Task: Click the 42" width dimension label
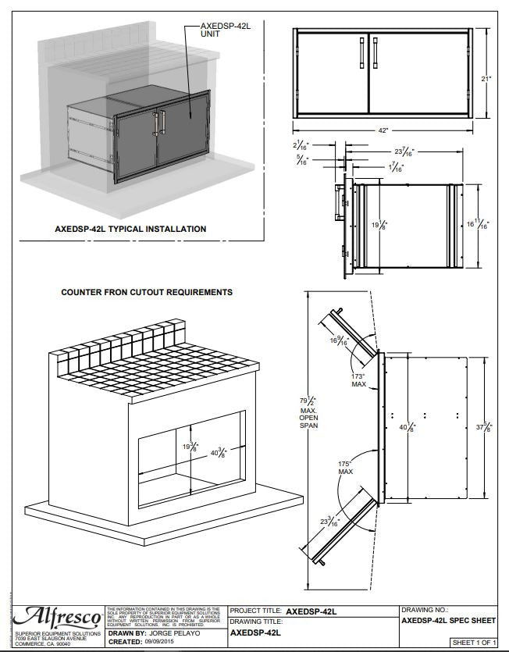(x=383, y=130)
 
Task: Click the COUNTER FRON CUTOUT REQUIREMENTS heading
(x=147, y=292)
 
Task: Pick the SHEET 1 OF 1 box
(x=475, y=641)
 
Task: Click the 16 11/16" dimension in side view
(x=484, y=225)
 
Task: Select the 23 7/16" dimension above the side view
(x=405, y=151)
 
